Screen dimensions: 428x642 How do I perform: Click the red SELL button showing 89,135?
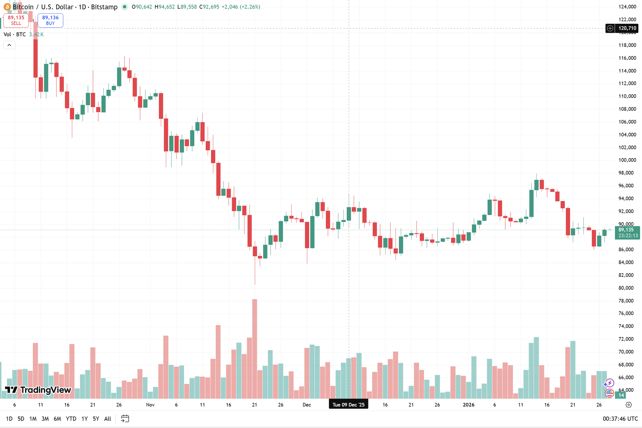coord(16,20)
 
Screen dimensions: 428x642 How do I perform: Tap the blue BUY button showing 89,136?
coord(50,20)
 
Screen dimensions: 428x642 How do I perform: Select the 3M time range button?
coord(45,419)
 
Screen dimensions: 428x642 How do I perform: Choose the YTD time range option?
coord(71,419)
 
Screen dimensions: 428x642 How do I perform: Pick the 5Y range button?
coord(96,419)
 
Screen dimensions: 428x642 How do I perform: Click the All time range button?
coord(108,419)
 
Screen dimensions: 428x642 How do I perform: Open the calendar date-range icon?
coord(125,419)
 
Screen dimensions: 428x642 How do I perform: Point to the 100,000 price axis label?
coord(627,160)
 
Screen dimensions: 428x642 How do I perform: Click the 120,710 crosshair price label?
coord(627,28)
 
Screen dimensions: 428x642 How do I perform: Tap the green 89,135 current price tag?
coord(627,232)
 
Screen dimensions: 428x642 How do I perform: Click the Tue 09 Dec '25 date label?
coord(348,405)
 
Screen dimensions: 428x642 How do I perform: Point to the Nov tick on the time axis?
coord(150,405)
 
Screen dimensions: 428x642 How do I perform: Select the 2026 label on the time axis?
coord(468,405)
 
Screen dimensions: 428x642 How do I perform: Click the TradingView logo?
coord(38,390)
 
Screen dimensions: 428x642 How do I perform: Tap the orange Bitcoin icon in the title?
coord(7,7)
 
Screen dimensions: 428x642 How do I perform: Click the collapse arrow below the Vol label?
coord(9,45)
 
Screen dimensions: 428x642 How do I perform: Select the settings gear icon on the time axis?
coord(629,405)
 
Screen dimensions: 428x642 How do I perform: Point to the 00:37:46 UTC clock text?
coord(620,419)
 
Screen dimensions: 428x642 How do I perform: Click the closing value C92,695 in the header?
coord(209,7)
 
